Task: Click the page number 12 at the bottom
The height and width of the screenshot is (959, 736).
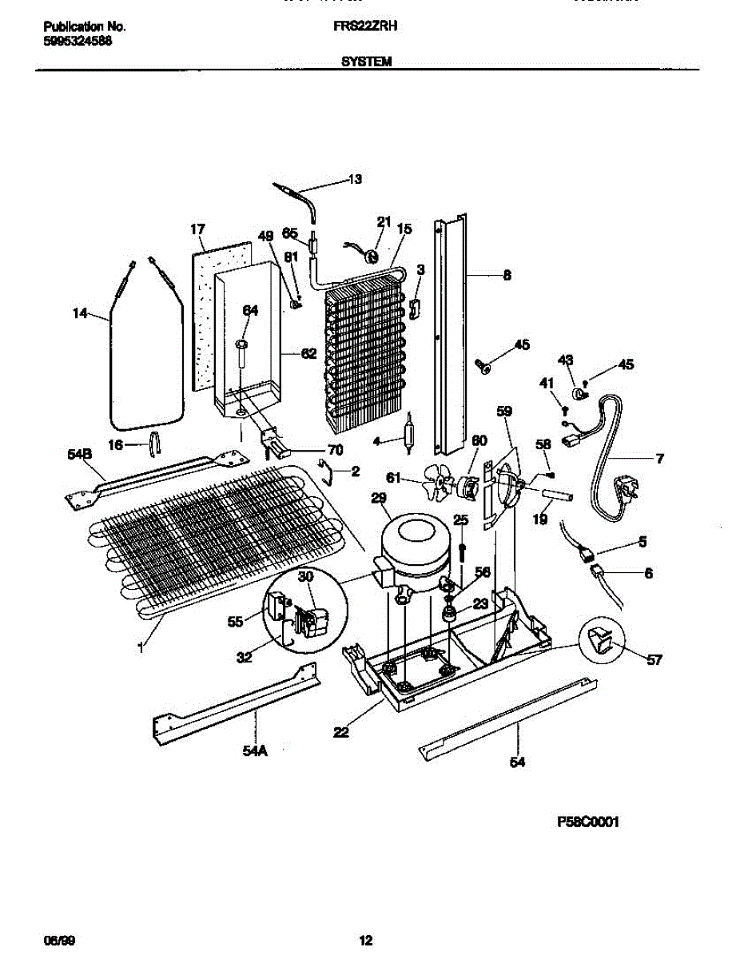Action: pyautogui.click(x=365, y=941)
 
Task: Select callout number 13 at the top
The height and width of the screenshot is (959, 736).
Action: pyautogui.click(x=355, y=180)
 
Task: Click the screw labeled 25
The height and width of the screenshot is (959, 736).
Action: pyautogui.click(x=462, y=551)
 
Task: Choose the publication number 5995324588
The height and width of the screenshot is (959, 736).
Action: pyautogui.click(x=77, y=41)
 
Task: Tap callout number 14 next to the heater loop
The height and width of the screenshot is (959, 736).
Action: pyautogui.click(x=80, y=314)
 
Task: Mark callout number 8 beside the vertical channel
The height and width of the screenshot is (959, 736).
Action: pyautogui.click(x=507, y=276)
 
